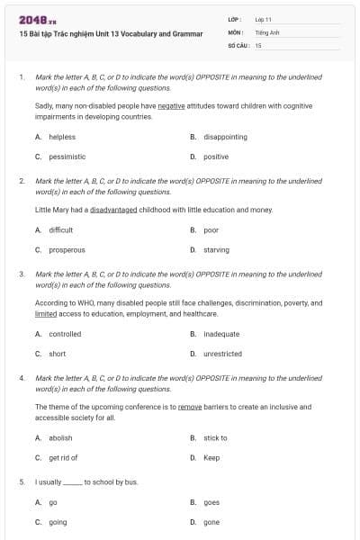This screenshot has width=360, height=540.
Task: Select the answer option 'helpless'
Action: pyautogui.click(x=62, y=137)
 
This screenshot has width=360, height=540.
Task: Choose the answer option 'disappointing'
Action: pyautogui.click(x=225, y=137)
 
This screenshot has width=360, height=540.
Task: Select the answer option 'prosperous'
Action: pyautogui.click(x=67, y=249)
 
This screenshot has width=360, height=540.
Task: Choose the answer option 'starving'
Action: pyautogui.click(x=216, y=249)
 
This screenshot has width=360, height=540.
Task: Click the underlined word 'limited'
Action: pyautogui.click(x=46, y=314)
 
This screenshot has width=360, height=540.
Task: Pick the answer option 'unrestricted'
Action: pyautogui.click(x=222, y=354)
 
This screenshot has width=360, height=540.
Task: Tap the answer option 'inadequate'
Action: pyautogui.click(x=221, y=334)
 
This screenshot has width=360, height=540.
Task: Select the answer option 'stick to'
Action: pyautogui.click(x=215, y=437)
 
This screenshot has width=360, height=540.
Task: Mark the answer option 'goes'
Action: pyautogui.click(x=211, y=502)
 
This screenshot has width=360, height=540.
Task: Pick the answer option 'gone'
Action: pyautogui.click(x=211, y=522)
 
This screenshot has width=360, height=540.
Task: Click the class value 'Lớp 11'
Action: pyautogui.click(x=263, y=19)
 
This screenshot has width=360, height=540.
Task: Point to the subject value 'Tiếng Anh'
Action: pyautogui.click(x=267, y=31)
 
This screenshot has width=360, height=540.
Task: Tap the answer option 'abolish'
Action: pyautogui.click(x=60, y=437)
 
